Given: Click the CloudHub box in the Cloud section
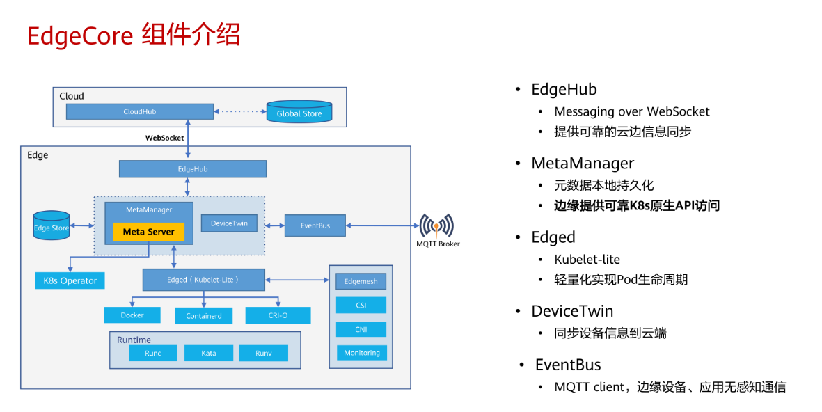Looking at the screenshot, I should point(139,111).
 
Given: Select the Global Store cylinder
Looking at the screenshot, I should point(299,112).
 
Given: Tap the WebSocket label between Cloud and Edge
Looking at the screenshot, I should point(164,138).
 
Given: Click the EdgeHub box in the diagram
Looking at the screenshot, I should point(193,169).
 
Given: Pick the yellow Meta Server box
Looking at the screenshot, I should point(148,232).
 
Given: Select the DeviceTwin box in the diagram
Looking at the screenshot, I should point(229,223).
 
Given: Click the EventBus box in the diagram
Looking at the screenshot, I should point(315,225).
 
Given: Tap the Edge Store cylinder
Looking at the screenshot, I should point(52,226).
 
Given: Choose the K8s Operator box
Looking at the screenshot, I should point(70,280).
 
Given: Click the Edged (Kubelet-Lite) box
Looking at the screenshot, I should point(203,280).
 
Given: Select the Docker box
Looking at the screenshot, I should point(132,315).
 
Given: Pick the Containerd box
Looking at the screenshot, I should point(204,315).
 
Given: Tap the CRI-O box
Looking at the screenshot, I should point(278,315).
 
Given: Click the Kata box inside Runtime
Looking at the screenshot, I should point(208,353).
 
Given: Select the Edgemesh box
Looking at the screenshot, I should point(361,281).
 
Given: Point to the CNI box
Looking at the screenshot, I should point(361,329).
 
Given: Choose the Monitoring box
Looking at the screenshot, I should point(361,353).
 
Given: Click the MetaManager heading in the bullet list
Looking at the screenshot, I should point(583,164).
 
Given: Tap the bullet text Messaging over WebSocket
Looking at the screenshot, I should point(631,112).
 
